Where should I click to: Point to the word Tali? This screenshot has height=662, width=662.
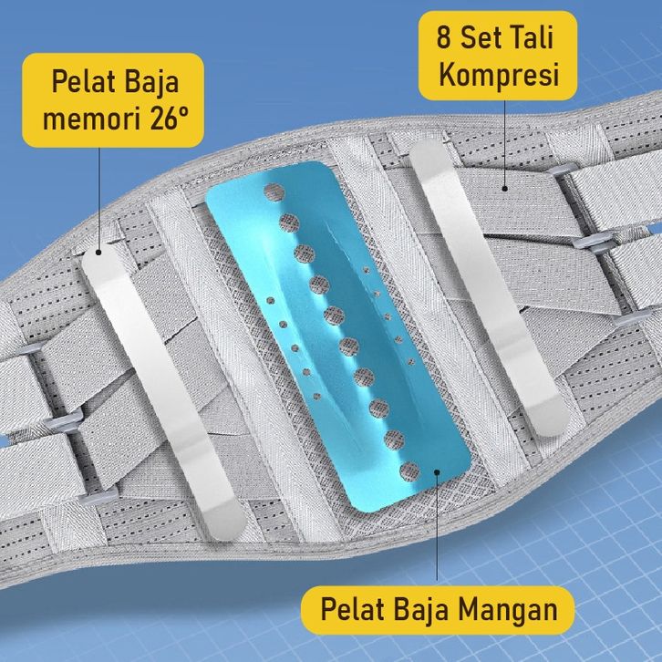[x=530, y=38]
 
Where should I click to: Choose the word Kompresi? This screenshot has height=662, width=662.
[x=498, y=75]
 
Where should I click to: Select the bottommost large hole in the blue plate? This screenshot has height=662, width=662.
[x=410, y=471]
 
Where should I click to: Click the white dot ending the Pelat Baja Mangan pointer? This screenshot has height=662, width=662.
[x=438, y=474]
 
